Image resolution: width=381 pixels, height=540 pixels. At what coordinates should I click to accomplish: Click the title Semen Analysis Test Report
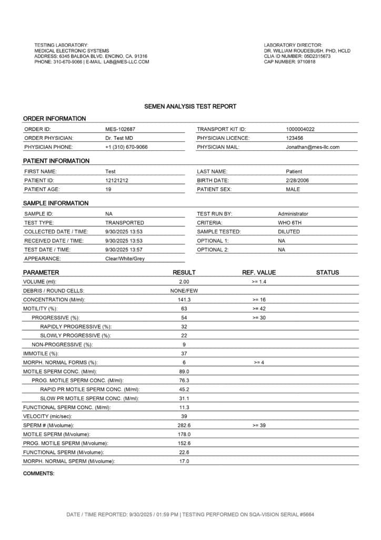point(190,107)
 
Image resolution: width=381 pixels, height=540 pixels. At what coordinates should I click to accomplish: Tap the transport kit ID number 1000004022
point(300,129)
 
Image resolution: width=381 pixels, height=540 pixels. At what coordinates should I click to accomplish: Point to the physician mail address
point(313,147)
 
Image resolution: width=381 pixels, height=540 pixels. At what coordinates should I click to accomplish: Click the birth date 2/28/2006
point(295,180)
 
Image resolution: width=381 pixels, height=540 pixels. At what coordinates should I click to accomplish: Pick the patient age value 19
point(108,189)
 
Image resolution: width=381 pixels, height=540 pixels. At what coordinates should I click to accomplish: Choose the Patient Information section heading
point(56,161)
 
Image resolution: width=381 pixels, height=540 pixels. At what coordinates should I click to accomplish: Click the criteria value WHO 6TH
point(290,223)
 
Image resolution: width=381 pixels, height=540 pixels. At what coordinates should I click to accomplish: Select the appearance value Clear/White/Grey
point(125,259)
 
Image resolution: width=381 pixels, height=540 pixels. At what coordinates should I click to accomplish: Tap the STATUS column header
point(327,273)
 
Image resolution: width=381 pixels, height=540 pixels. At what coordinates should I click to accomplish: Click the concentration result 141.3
point(184,300)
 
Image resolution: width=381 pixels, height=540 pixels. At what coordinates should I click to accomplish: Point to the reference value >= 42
point(259,308)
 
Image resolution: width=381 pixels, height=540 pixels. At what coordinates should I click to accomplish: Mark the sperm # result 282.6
point(184,425)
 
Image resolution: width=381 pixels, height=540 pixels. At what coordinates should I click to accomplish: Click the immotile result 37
point(184,353)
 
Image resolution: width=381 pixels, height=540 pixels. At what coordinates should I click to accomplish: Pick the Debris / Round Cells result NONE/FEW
point(184,291)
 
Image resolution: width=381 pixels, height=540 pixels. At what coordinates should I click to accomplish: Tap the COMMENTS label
point(38,474)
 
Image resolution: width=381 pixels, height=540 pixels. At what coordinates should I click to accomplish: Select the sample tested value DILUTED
point(289,232)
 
